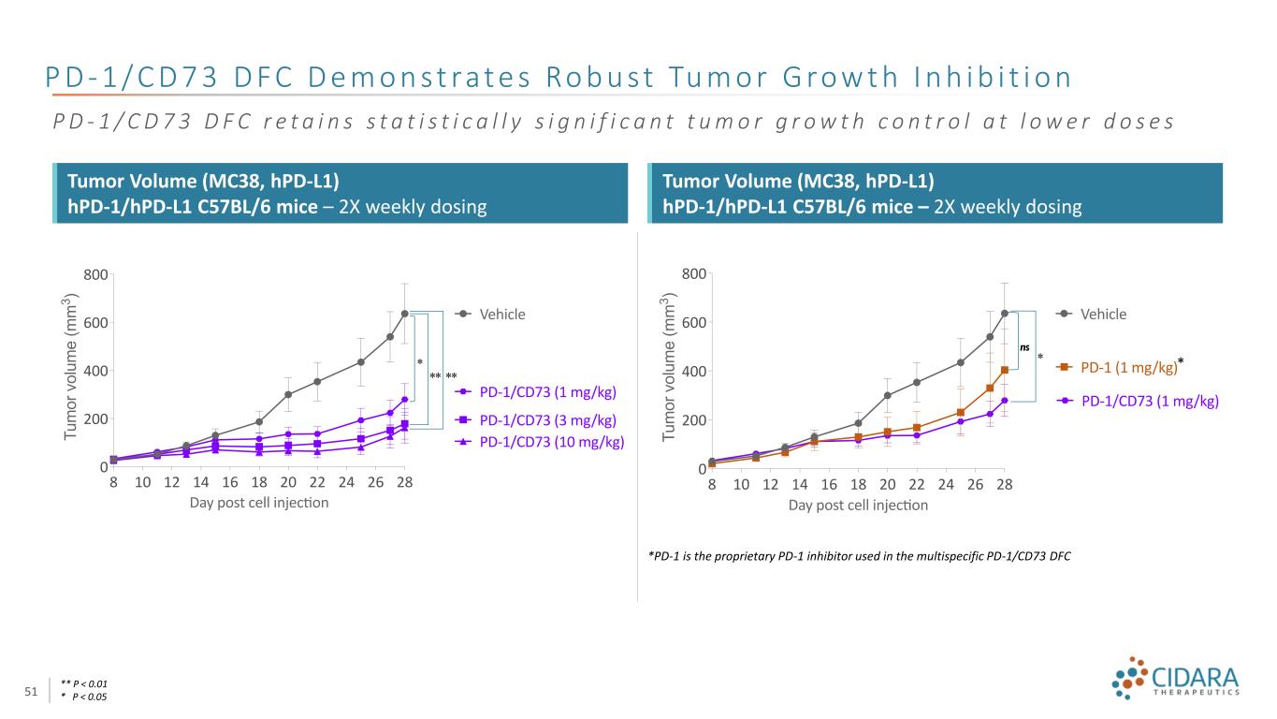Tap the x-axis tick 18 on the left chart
[259, 482]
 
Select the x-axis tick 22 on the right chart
[917, 484]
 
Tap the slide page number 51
[31, 691]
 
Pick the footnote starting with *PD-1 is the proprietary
[859, 556]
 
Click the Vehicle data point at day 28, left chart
[404, 314]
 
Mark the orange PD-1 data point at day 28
[1004, 370]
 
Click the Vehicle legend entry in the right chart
[1103, 315]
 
